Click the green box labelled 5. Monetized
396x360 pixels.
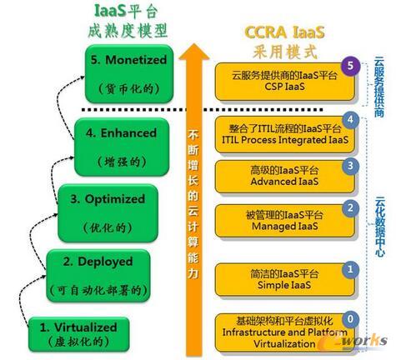click(129, 74)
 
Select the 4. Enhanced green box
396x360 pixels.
click(122, 147)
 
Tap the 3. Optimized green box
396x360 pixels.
click(108, 213)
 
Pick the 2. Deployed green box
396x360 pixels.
click(98, 276)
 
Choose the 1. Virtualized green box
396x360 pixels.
click(79, 334)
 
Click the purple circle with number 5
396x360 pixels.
click(350, 66)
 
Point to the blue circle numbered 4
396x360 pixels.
click(350, 120)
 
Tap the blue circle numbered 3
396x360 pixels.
click(350, 166)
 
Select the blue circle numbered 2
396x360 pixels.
click(350, 208)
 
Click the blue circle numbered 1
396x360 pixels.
click(350, 269)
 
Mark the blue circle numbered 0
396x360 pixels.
click(350, 319)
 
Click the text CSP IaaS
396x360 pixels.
click(284, 87)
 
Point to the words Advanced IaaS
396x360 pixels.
click(284, 182)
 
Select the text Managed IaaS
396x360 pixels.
click(284, 226)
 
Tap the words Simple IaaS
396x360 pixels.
click(284, 285)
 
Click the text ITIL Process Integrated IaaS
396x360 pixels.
click(285, 139)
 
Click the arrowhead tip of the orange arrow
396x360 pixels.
click(193, 43)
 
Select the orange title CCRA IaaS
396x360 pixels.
click(284, 32)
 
